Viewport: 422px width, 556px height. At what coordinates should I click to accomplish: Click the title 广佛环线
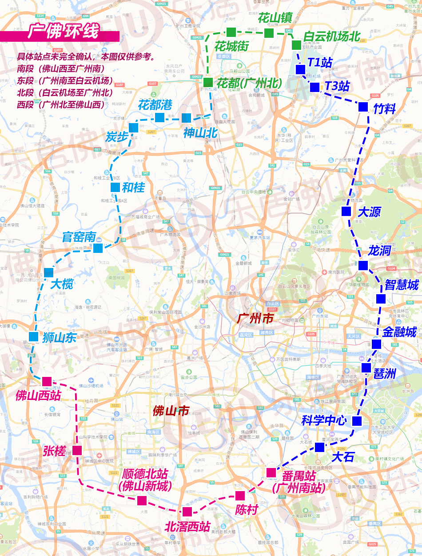63,32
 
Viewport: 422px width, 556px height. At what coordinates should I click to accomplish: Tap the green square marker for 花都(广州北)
208,82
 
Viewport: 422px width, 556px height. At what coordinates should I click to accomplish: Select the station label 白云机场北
331,36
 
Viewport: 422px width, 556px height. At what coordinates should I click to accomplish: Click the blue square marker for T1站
300,70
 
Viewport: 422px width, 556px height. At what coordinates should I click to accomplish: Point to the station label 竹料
384,108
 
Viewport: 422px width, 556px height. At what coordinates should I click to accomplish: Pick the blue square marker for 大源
346,212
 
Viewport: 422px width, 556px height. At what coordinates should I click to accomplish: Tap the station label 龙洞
379,251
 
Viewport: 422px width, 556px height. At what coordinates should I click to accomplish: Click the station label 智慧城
402,284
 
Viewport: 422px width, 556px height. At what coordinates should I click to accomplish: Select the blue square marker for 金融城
376,344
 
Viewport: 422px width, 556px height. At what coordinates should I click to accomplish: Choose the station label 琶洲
384,374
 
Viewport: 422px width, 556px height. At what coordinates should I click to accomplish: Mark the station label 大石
343,456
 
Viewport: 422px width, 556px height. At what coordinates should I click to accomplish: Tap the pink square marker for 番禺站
271,472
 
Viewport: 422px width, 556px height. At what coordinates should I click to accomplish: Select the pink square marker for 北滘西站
187,512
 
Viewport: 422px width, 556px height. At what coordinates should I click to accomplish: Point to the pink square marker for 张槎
77,450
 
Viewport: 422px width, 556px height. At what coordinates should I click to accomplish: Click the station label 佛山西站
38,395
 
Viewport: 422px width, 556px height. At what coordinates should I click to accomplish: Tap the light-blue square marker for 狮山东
33,336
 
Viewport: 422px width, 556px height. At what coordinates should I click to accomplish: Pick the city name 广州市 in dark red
255,319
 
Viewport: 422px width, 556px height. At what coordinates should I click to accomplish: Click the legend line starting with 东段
65,80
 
